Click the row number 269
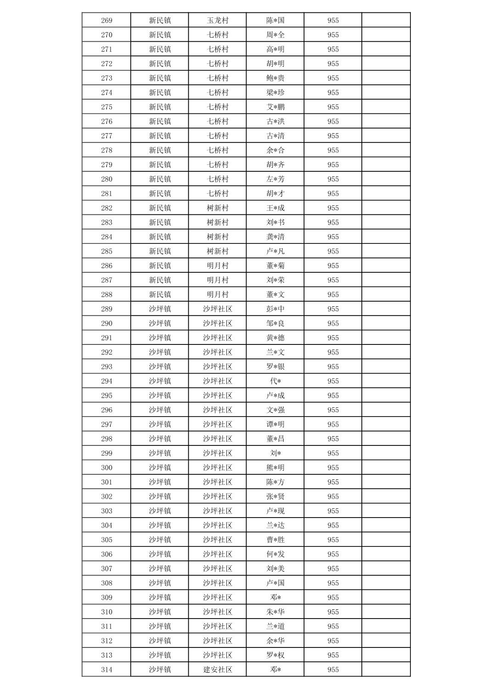click(106, 20)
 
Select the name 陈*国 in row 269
click(275, 20)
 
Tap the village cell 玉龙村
click(218, 20)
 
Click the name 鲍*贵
click(275, 78)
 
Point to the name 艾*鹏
click(275, 107)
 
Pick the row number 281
click(106, 193)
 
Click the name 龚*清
click(275, 237)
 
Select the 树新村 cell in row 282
click(218, 208)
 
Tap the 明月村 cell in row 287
click(218, 280)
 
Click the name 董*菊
click(275, 265)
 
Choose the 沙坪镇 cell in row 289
click(160, 309)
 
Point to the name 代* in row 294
click(275, 381)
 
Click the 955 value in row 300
click(333, 467)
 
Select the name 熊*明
click(275, 467)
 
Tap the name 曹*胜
click(275, 540)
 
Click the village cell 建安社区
click(218, 670)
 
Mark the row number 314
click(106, 670)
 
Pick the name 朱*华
click(275, 612)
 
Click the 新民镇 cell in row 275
click(160, 107)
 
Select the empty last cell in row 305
click(386, 540)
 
